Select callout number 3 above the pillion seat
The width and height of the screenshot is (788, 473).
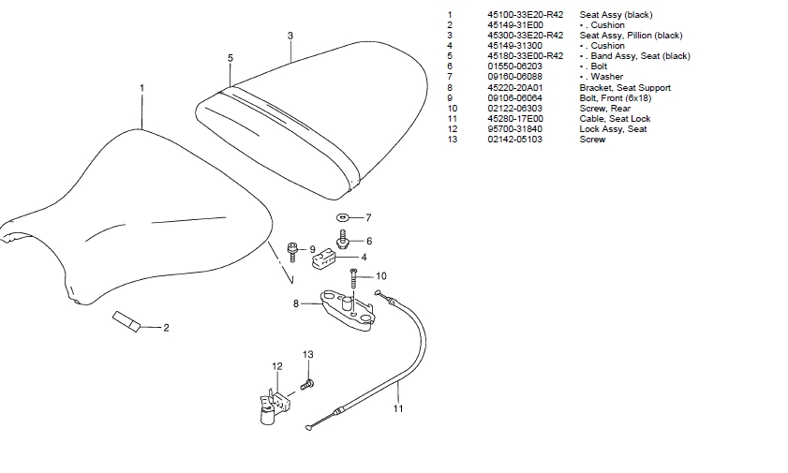tap(290, 36)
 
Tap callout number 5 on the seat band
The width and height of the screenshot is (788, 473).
tap(230, 57)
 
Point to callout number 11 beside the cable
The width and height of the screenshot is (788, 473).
tap(397, 408)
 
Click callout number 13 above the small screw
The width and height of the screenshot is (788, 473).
tap(308, 354)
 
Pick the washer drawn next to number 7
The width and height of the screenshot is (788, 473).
tap(342, 217)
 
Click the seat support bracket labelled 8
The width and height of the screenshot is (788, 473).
tap(347, 308)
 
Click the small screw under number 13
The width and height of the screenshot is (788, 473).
tap(306, 383)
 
